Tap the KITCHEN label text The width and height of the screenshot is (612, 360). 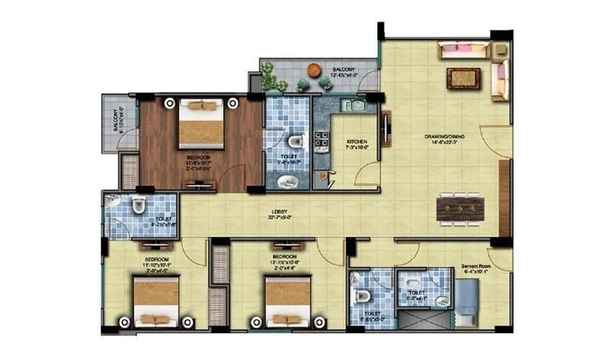[357, 141]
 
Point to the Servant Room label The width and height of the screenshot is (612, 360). [476, 266]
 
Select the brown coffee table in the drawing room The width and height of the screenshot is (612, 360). [459, 77]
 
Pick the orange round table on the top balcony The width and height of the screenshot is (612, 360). [315, 71]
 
